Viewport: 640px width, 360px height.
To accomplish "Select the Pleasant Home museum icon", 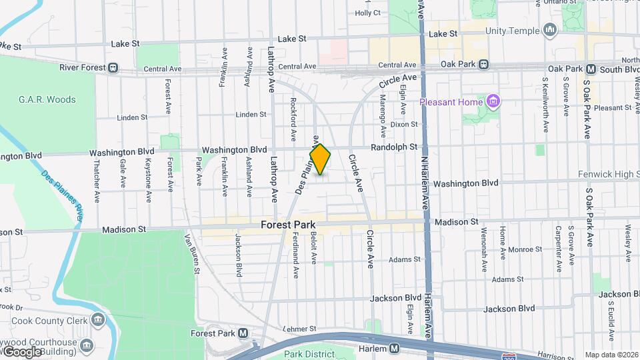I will point(493,102).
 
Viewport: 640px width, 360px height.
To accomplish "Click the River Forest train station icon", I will point(114,67).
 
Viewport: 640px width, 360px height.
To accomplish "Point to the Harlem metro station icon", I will point(395,348).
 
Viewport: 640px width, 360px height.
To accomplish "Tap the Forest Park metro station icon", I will point(243,333).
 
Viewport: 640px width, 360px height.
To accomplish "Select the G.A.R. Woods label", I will point(47,100).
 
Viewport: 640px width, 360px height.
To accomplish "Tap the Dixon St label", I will point(404,125).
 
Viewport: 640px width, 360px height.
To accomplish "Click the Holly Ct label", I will point(368,13).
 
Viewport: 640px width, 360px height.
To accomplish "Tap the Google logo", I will point(21,351).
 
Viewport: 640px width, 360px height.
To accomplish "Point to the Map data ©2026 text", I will point(611,355).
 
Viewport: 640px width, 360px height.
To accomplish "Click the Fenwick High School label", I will point(608,175).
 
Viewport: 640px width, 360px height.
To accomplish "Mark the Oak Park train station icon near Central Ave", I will point(484,65).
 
